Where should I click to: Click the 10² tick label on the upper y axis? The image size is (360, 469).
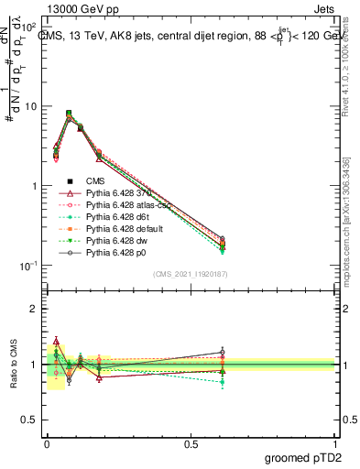point(30,27)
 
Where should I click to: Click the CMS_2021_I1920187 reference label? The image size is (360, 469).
point(190,275)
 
